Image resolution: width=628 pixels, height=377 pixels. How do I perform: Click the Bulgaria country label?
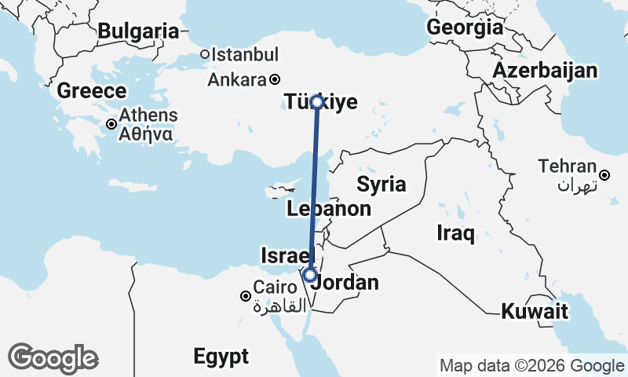[x=139, y=31]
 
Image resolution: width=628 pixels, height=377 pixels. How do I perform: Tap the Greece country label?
[x=92, y=90]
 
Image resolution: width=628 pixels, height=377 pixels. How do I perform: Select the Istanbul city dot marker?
[x=204, y=55]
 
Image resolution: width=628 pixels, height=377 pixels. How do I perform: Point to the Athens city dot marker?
[x=112, y=124]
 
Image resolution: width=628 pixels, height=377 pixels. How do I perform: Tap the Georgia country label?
[x=465, y=27]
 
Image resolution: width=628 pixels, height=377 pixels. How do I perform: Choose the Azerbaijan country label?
[x=545, y=71]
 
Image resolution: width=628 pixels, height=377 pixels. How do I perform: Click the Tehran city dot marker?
[x=604, y=175]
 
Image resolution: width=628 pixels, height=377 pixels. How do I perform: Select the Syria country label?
[x=382, y=185]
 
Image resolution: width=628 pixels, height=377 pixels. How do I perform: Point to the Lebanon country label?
[x=329, y=209]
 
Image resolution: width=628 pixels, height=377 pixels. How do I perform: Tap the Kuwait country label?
[x=535, y=311]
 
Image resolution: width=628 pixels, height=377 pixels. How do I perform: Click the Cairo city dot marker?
[x=246, y=296]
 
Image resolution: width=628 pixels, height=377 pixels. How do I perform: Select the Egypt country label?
[x=221, y=356]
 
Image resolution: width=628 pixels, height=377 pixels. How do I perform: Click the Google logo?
[x=53, y=358]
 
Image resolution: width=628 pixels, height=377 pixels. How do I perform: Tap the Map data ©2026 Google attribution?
[x=531, y=365]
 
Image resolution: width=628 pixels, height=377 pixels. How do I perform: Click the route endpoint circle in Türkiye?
[x=316, y=101]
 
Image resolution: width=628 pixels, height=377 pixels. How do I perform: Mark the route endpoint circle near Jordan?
[x=310, y=276]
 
